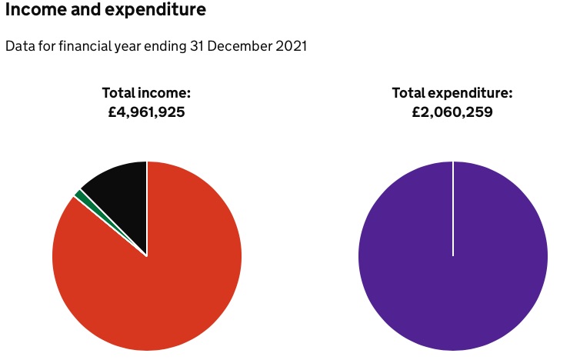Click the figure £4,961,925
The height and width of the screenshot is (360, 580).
coord(146,112)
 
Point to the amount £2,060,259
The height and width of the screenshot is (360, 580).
coord(452,112)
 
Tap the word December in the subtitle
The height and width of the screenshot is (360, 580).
coord(240,47)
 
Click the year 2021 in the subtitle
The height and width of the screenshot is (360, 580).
coord(291,47)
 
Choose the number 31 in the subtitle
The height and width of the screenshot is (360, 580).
coord(197,47)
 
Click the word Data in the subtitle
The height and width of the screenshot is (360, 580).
coord(19,47)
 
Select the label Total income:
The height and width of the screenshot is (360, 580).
coord(146,93)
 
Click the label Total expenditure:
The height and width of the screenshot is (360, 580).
coord(452,93)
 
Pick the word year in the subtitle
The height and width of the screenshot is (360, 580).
coord(126,47)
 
